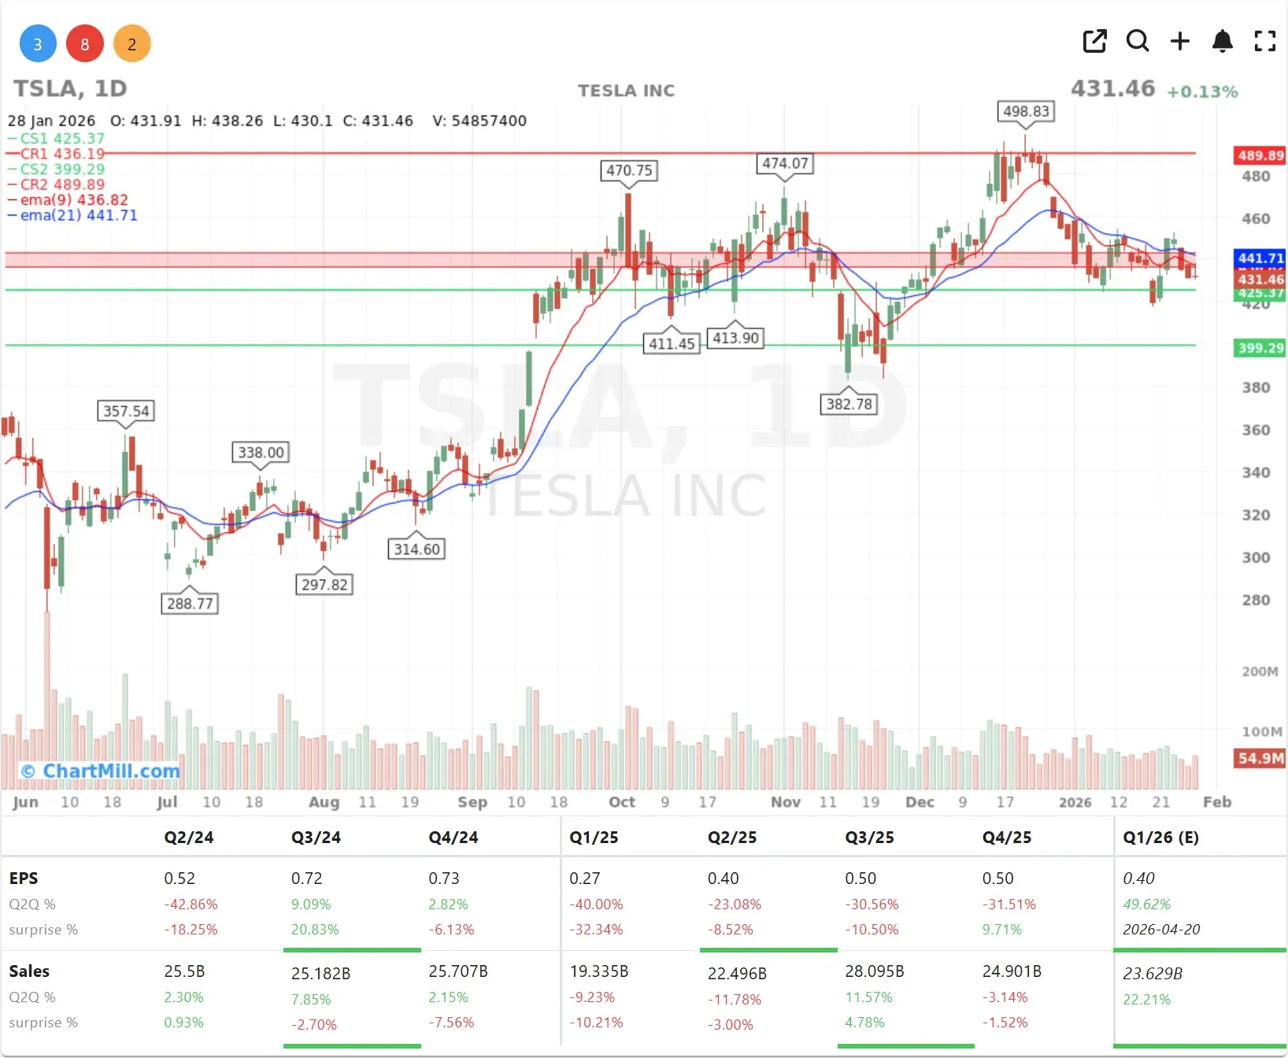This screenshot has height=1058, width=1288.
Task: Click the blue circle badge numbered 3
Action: (x=38, y=44)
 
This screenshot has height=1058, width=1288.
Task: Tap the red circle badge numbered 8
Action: (x=85, y=44)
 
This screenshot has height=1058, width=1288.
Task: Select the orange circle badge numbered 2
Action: (x=132, y=44)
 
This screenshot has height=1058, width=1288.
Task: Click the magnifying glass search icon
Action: (x=1138, y=41)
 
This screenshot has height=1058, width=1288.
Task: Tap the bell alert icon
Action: (x=1222, y=41)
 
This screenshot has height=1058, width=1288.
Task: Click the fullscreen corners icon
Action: (x=1264, y=41)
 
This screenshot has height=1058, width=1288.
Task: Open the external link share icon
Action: (x=1095, y=41)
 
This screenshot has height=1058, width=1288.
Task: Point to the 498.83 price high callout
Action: (x=1026, y=112)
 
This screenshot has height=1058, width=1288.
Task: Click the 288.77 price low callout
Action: (x=190, y=604)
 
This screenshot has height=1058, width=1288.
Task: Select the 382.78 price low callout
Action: (x=849, y=405)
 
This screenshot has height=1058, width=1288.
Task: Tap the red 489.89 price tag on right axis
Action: (x=1260, y=156)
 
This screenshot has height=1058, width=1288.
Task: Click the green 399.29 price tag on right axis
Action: (x=1260, y=348)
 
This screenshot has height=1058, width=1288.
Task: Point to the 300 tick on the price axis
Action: (x=1256, y=558)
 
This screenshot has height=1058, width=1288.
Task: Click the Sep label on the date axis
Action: (x=472, y=802)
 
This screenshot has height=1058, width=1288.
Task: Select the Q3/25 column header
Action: (x=869, y=838)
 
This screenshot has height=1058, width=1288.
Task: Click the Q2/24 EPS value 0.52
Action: (x=180, y=879)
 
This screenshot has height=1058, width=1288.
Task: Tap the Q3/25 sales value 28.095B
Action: (x=874, y=971)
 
